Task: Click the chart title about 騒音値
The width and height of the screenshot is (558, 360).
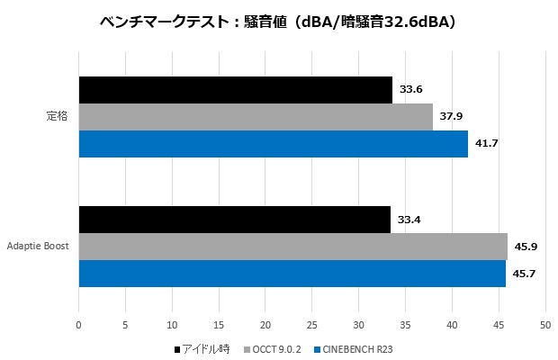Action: (278, 22)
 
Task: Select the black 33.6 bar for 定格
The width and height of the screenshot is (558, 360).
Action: (236, 90)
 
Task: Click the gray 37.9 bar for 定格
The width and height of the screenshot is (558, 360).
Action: (256, 117)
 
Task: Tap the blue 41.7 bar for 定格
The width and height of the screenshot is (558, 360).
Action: (274, 144)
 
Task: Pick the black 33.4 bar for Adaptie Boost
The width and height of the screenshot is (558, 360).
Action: (235, 220)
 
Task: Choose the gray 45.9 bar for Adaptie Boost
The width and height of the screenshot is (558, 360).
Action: (293, 247)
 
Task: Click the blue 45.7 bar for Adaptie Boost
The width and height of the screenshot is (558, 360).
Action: (292, 274)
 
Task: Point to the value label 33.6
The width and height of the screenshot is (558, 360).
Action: (410, 89)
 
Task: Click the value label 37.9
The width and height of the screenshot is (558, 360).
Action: (451, 116)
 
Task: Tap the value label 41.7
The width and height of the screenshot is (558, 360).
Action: (486, 143)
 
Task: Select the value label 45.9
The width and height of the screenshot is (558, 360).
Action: (526, 246)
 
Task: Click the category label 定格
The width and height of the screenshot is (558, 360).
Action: (58, 117)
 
